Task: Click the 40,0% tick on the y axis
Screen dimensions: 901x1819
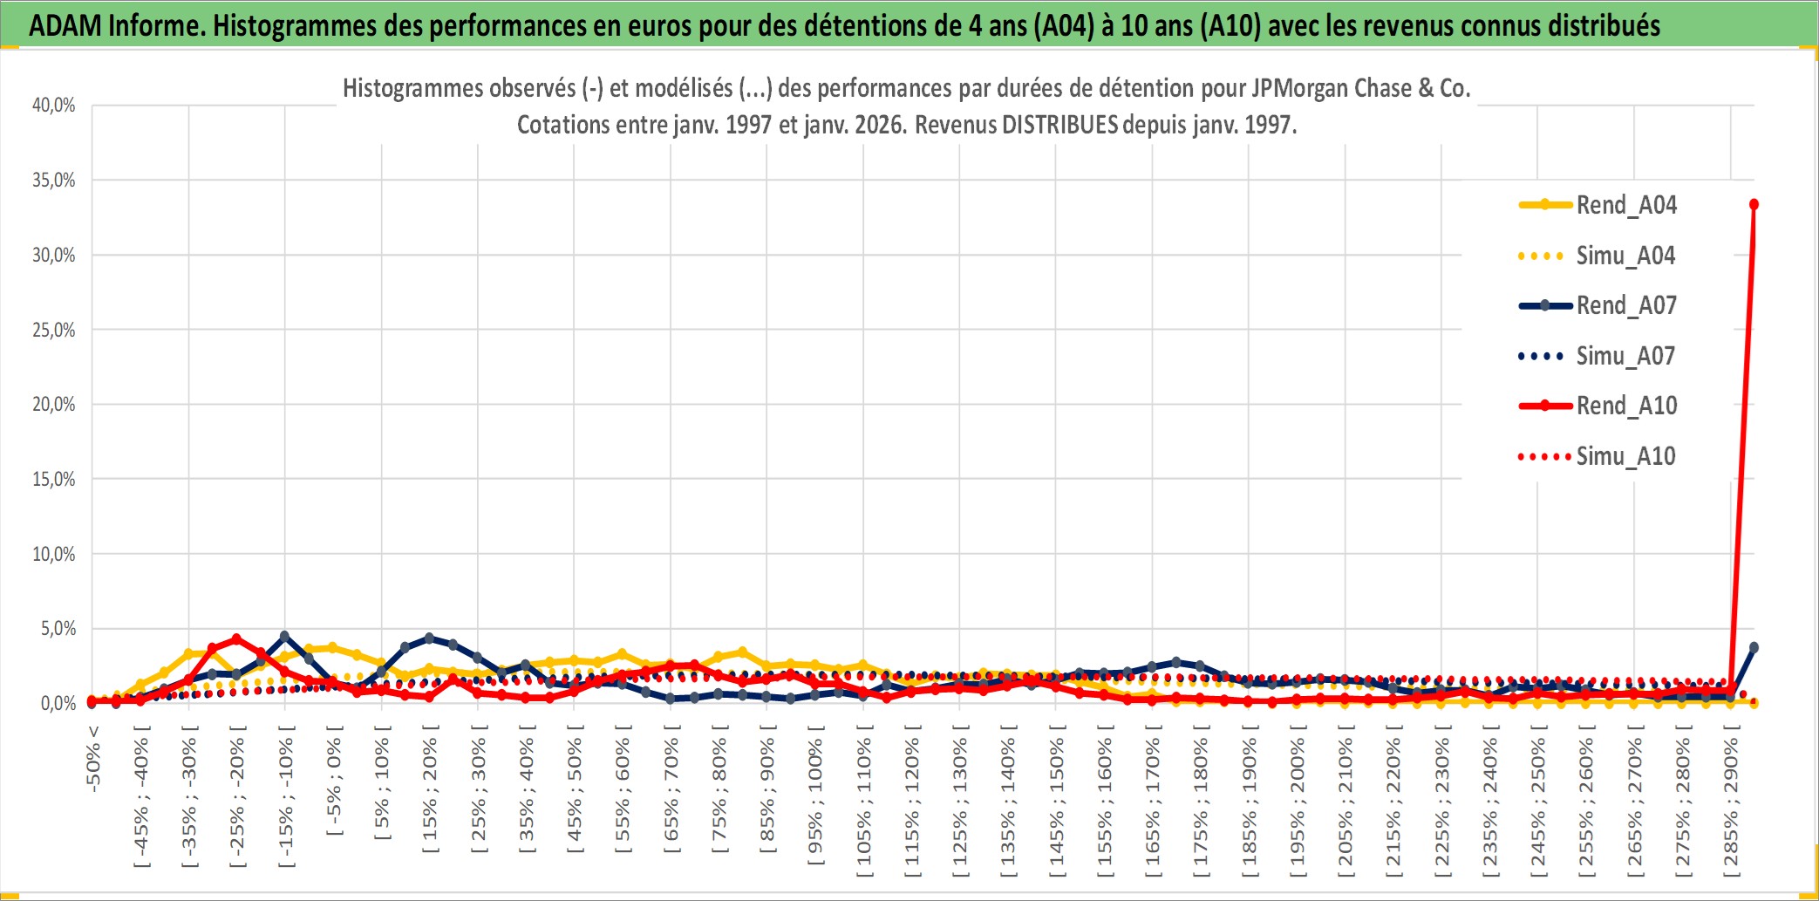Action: (54, 106)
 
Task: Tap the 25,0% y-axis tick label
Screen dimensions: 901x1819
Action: (54, 330)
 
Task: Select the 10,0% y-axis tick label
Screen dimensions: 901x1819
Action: (54, 554)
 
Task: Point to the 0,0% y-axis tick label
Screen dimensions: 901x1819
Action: (58, 703)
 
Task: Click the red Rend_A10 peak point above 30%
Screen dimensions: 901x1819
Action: (1754, 205)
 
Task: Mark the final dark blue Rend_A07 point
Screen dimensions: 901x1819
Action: (1754, 647)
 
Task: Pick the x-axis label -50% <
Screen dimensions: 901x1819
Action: (93, 759)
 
